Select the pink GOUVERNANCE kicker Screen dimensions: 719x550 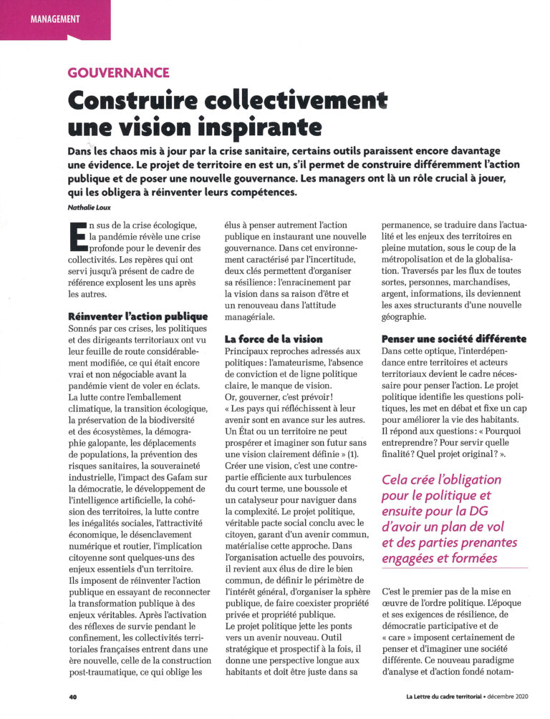pos(118,72)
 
